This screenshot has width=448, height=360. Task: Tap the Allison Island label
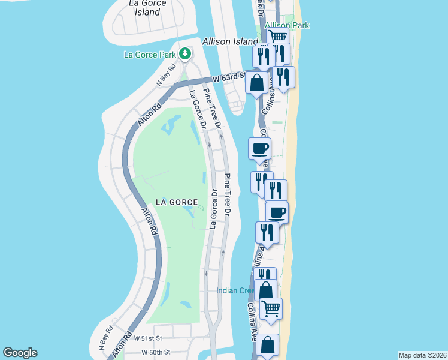pyautogui.click(x=228, y=41)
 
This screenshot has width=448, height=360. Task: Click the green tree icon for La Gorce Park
pyautogui.click(x=185, y=54)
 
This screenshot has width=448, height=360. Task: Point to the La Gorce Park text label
pyautogui.click(x=150, y=55)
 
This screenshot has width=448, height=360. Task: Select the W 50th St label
pyautogui.click(x=156, y=352)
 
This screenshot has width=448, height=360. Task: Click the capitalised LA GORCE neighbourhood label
pyautogui.click(x=177, y=202)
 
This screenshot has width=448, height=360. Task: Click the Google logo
pyautogui.click(x=20, y=353)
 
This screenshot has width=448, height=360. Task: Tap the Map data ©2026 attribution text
pyautogui.click(x=422, y=355)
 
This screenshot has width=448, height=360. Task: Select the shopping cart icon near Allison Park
pyautogui.click(x=279, y=38)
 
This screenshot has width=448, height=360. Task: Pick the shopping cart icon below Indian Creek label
pyautogui.click(x=271, y=308)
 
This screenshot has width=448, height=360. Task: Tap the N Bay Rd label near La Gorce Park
pyautogui.click(x=165, y=75)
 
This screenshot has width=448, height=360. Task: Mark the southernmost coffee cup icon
pyautogui.click(x=277, y=212)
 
